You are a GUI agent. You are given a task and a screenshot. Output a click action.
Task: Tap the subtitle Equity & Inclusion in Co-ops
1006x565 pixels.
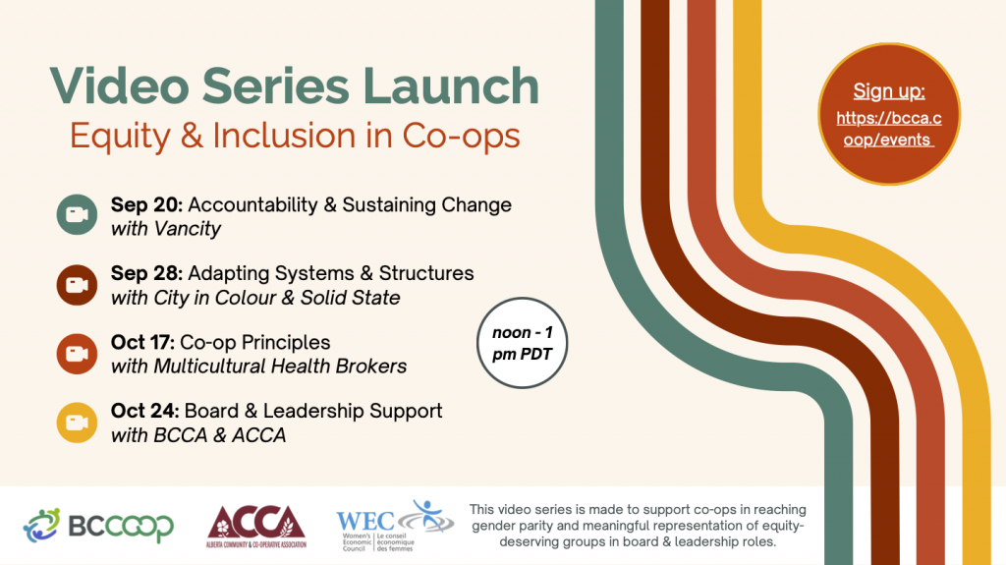(x=295, y=136)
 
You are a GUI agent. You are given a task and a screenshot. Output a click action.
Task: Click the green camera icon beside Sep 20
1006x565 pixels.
(x=76, y=215)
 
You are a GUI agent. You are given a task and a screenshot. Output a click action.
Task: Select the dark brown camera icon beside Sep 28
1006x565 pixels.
(x=76, y=285)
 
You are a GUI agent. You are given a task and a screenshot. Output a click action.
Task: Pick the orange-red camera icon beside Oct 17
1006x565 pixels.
(x=76, y=354)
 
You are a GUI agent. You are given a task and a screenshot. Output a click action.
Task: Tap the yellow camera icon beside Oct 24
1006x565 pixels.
(x=76, y=423)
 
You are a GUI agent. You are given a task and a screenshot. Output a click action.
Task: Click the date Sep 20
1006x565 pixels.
(x=145, y=205)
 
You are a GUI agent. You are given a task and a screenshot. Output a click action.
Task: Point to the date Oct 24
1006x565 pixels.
(x=144, y=411)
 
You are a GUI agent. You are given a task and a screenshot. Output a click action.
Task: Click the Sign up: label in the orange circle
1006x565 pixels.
(x=889, y=92)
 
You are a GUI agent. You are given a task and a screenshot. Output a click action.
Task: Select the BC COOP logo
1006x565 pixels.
(x=98, y=526)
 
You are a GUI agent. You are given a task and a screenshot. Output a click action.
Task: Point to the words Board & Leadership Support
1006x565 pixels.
(x=313, y=411)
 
